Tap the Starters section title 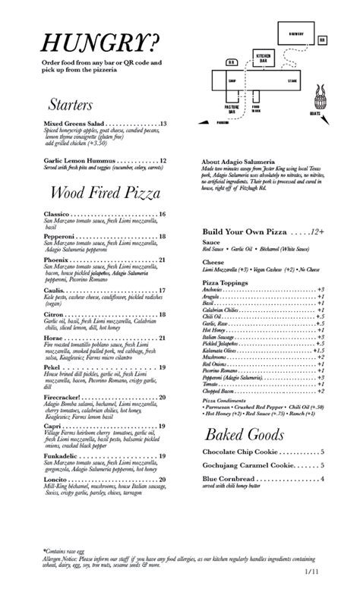click(x=70, y=104)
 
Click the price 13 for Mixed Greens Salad click(x=163, y=124)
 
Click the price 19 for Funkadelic click(x=163, y=455)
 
